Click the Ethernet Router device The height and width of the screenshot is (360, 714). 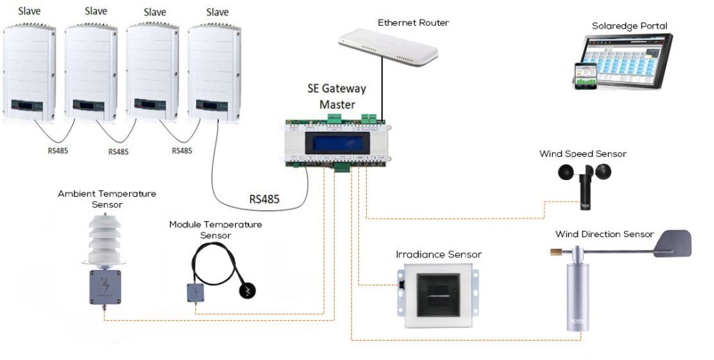389,47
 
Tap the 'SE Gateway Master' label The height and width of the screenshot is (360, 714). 337,97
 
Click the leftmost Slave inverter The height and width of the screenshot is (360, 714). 29,73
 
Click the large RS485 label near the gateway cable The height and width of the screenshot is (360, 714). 264,200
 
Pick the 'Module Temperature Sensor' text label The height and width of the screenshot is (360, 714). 215,230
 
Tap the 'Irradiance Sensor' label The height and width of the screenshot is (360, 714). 439,255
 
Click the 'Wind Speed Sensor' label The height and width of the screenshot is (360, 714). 583,153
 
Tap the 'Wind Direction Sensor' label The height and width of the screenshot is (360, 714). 605,234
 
